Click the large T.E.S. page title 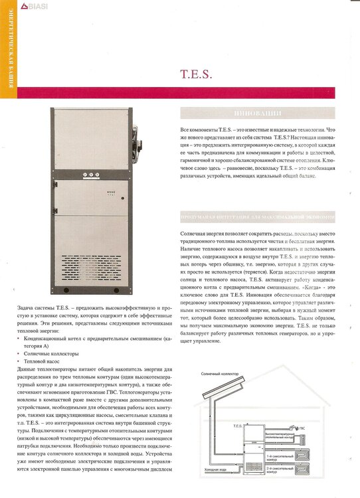(197, 74)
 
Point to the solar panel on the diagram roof (219, 394)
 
